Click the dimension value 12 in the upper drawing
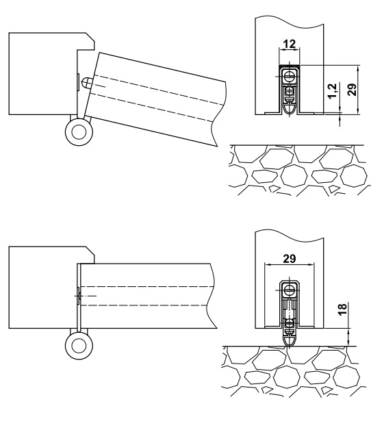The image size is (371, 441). click(x=290, y=44)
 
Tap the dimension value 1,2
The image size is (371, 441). click(x=333, y=91)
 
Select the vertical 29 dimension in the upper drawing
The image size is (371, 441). click(x=352, y=90)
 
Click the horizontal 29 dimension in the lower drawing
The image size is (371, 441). click(x=290, y=258)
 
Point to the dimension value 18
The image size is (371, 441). click(x=343, y=309)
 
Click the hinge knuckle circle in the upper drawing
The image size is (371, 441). click(x=79, y=132)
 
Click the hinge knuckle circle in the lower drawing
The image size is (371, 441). click(x=79, y=346)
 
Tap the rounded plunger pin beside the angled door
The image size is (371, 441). click(x=86, y=83)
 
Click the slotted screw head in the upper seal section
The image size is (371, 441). click(x=290, y=76)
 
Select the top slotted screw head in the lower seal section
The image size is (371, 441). click(x=289, y=290)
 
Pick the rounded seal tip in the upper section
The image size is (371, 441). click(x=290, y=109)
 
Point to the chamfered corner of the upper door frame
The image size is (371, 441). click(x=90, y=37)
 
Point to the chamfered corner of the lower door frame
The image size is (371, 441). click(x=90, y=251)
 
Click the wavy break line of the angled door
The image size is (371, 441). click(x=218, y=114)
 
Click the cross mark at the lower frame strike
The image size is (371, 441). click(x=79, y=296)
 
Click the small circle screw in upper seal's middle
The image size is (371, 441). click(x=290, y=91)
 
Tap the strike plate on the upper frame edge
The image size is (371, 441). click(x=78, y=82)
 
